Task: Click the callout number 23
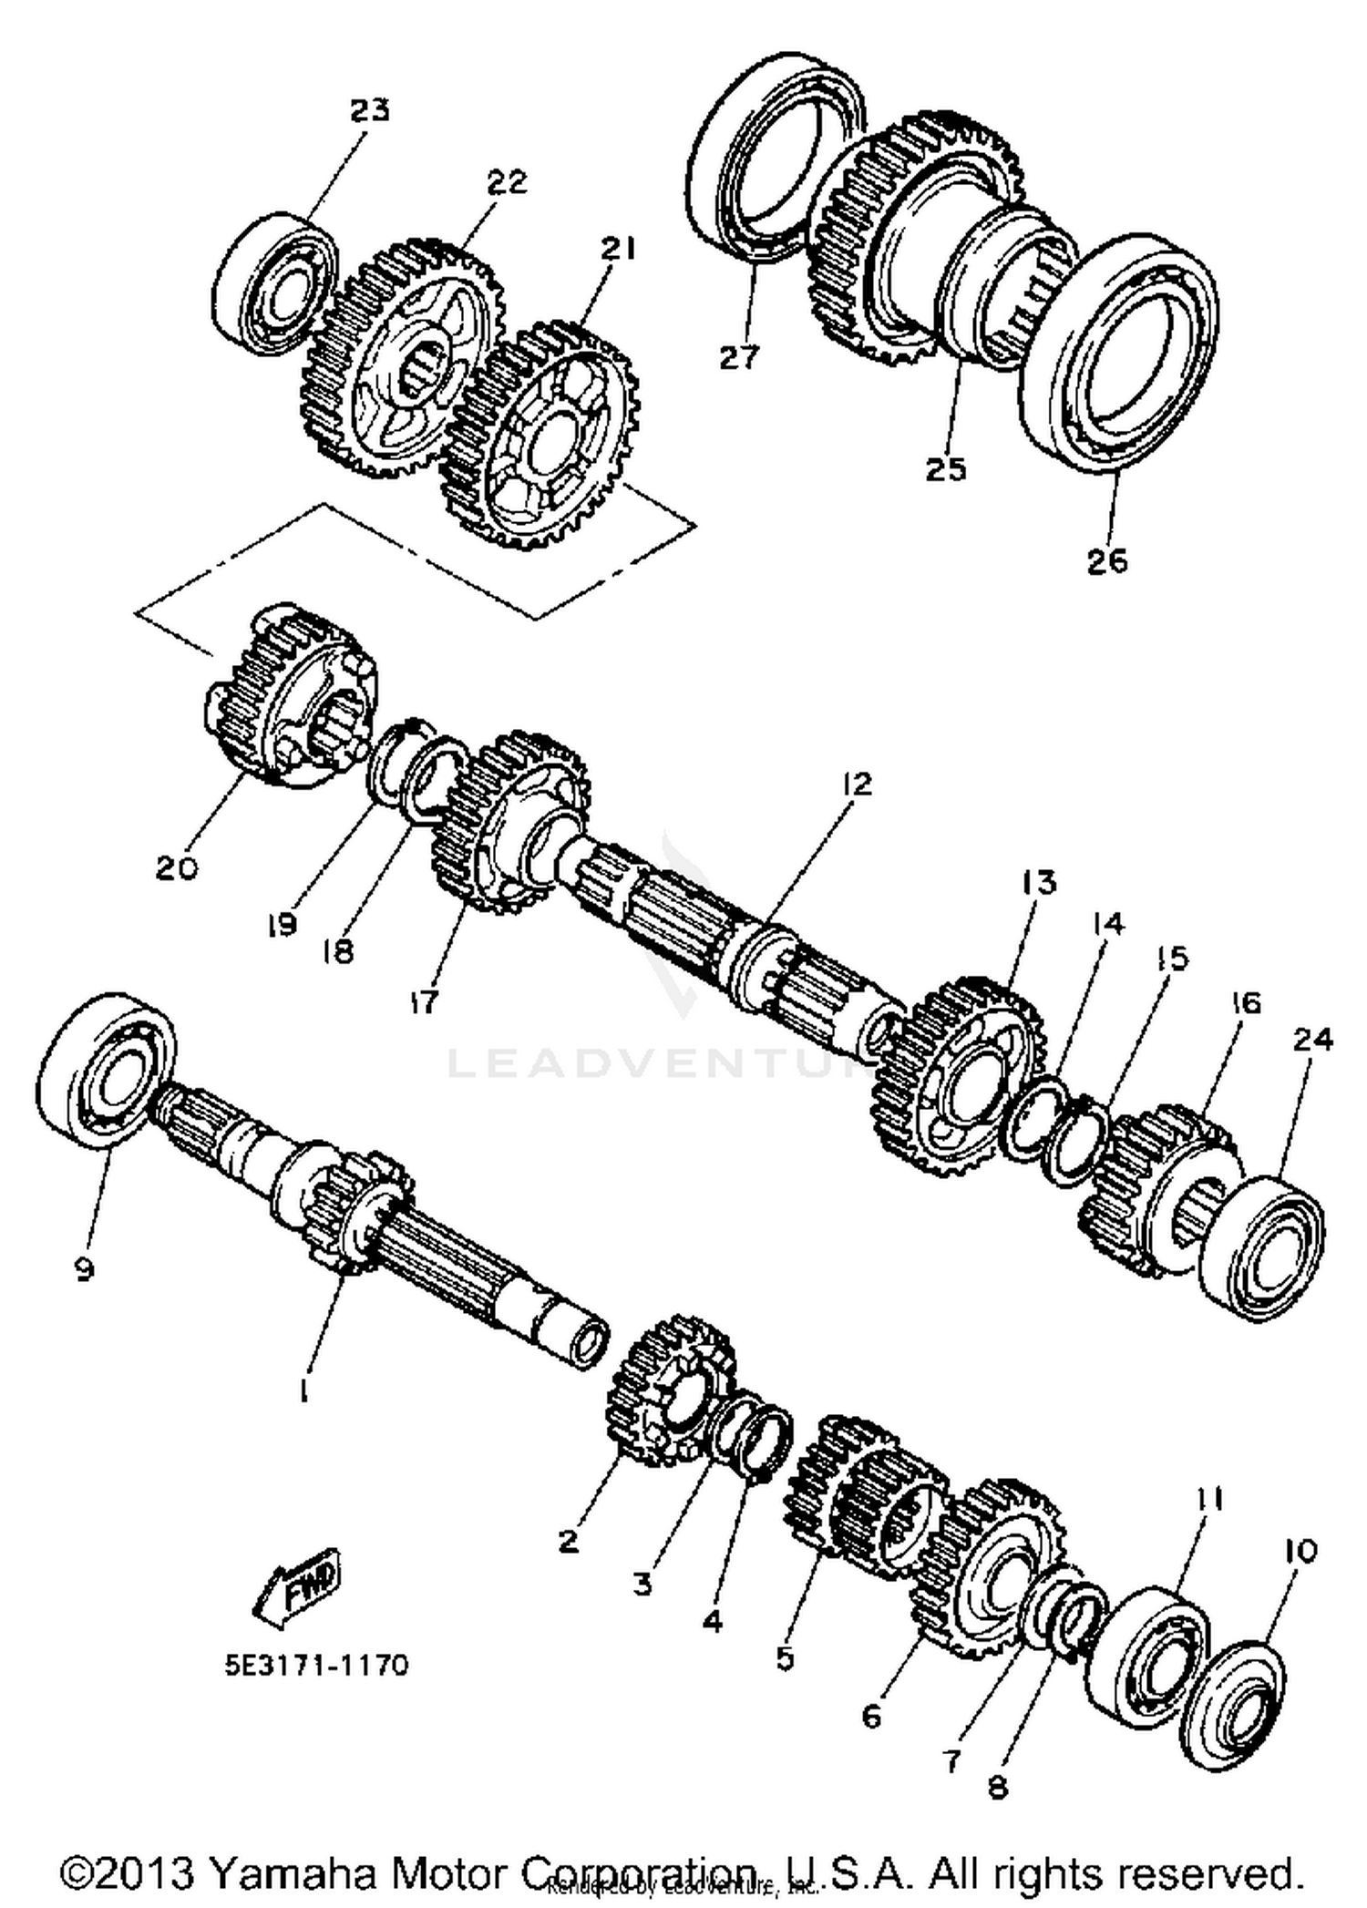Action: point(370,110)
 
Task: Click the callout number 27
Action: point(738,357)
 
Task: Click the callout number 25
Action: point(945,469)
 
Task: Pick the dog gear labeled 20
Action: point(287,697)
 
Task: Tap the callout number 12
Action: point(857,784)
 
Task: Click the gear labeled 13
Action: point(957,1075)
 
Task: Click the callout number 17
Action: point(424,1001)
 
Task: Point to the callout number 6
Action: point(871,1716)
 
